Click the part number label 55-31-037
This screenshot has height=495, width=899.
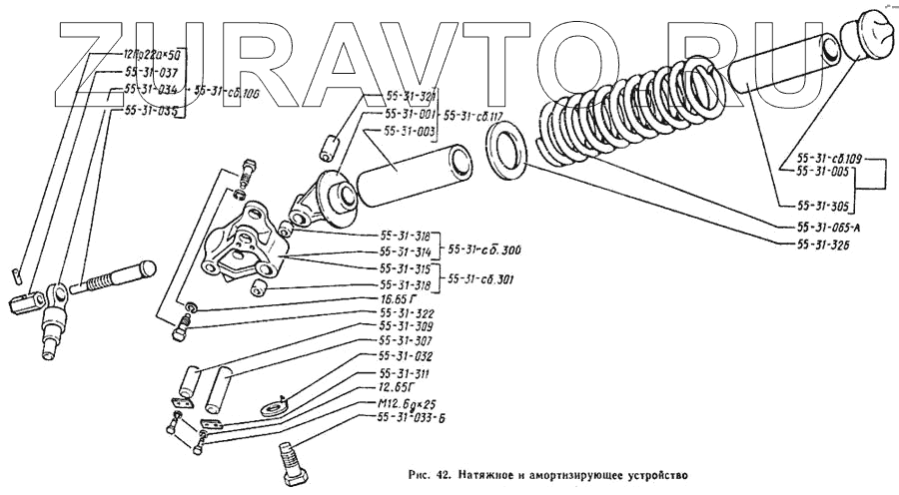(152, 73)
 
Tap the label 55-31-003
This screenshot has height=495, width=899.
(409, 132)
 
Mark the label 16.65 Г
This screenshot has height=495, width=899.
(400, 297)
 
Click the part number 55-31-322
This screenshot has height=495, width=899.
(408, 312)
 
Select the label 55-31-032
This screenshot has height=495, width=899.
(408, 355)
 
